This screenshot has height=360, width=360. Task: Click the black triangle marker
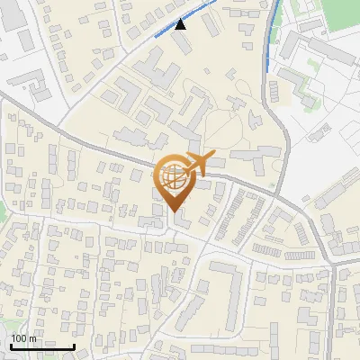coord(182,24)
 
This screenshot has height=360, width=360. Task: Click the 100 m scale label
coord(23,338)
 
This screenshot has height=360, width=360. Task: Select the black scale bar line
coord(41,346)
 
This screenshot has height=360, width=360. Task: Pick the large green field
coord(340,11)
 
